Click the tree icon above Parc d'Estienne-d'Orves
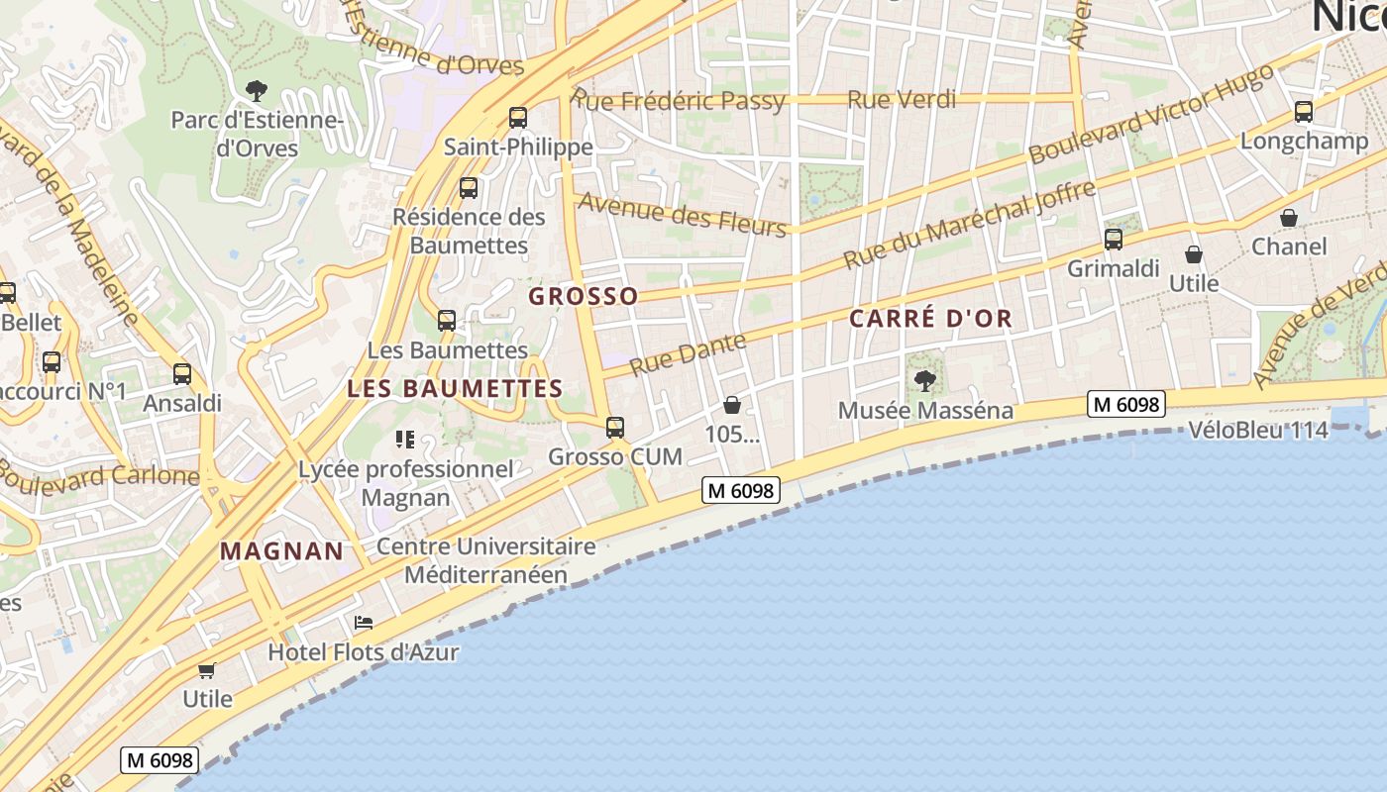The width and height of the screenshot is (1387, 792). coord(257,92)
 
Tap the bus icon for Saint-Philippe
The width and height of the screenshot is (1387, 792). coord(517,118)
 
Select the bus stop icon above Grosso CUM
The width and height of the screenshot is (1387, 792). coord(615,428)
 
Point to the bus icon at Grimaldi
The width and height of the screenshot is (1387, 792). coord(1114,240)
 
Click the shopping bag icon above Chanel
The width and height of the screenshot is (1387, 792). coord(1289,218)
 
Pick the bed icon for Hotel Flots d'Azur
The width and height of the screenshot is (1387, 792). coord(364,623)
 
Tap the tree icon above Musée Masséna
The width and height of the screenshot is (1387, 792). coord(925,380)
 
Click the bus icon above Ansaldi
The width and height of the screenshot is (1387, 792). coord(182,374)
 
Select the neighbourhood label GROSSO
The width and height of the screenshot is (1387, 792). coord(584,296)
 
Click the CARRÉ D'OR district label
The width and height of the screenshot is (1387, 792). coord(931,318)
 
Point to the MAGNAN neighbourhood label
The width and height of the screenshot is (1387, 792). coord(281,550)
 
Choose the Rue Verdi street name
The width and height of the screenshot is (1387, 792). coord(903,99)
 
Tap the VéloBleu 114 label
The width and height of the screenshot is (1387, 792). coord(1257,430)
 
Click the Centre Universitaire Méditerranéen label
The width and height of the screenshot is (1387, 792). coord(486,560)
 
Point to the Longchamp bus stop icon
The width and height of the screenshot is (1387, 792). coord(1304,112)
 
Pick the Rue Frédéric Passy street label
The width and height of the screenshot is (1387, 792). coord(679,100)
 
